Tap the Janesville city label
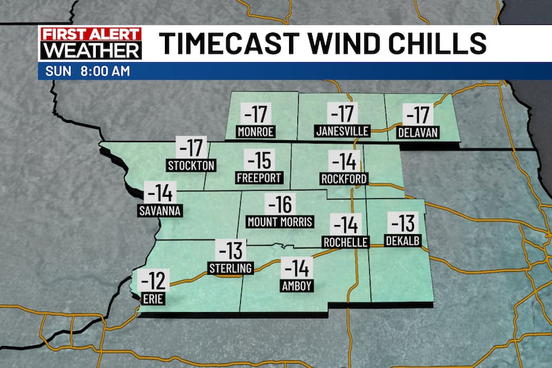(342, 131)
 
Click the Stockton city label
(192, 165)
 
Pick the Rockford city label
(344, 179)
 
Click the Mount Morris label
(280, 222)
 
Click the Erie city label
(152, 299)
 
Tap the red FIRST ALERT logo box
(90, 33)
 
